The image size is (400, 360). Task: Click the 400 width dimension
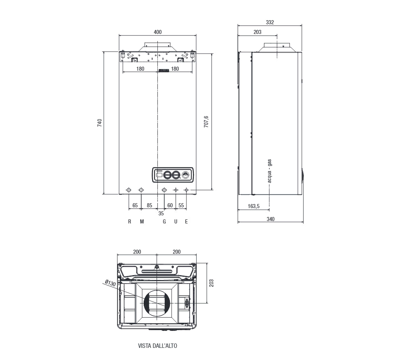[158, 32]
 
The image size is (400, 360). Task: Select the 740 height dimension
[99, 123]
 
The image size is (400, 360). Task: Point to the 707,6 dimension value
[206, 122]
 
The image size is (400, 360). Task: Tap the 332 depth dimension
[270, 22]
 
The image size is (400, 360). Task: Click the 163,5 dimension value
[253, 206]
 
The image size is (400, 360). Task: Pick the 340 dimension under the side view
[270, 219]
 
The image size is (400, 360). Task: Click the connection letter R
[130, 222]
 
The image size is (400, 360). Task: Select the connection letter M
[142, 222]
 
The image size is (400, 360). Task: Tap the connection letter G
[164, 222]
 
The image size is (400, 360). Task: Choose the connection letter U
[176, 222]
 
